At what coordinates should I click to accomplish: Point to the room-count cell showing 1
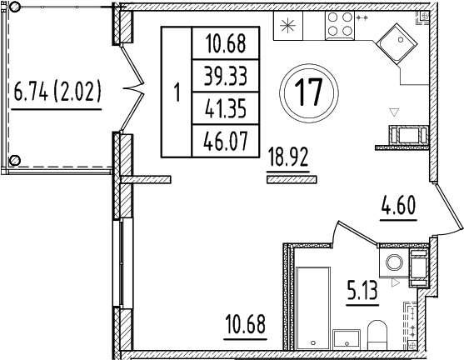click(x=176, y=92)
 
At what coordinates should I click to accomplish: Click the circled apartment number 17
click(x=309, y=91)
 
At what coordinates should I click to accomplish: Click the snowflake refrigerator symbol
click(x=288, y=25)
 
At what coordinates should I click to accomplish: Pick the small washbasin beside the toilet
click(x=346, y=338)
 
